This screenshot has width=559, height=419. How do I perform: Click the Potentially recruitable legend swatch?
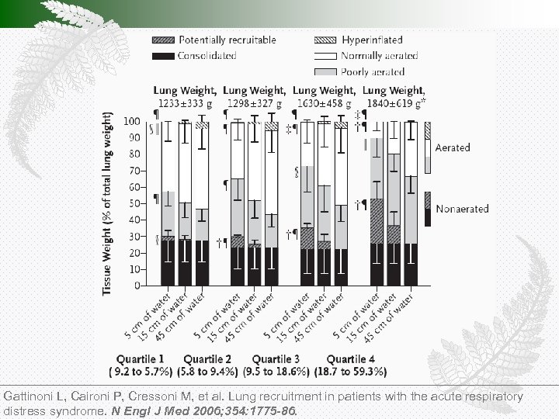(165, 40)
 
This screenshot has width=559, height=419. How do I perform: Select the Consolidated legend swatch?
(165, 56)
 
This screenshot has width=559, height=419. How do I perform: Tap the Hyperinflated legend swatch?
(325, 40)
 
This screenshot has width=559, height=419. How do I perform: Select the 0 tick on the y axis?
(137, 286)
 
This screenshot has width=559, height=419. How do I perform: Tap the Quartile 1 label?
(141, 359)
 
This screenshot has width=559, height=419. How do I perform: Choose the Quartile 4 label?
(350, 359)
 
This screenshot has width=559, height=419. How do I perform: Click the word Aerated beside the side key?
(453, 147)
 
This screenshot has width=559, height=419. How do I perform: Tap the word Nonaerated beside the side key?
(462, 209)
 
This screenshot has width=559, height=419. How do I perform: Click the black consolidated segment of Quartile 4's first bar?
(377, 265)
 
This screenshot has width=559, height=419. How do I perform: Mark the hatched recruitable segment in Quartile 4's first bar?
(377, 221)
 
